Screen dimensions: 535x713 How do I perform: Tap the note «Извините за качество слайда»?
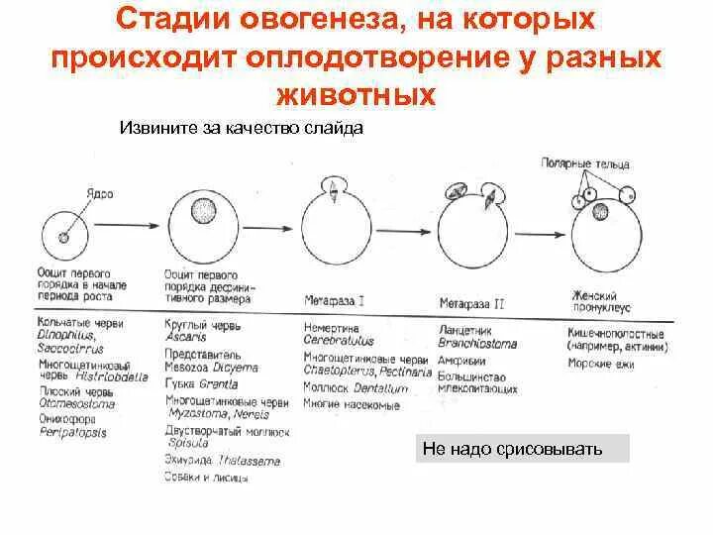click(242, 127)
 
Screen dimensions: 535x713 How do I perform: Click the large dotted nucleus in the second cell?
click(205, 212)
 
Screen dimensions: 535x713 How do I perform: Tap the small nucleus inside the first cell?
click(63, 237)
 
